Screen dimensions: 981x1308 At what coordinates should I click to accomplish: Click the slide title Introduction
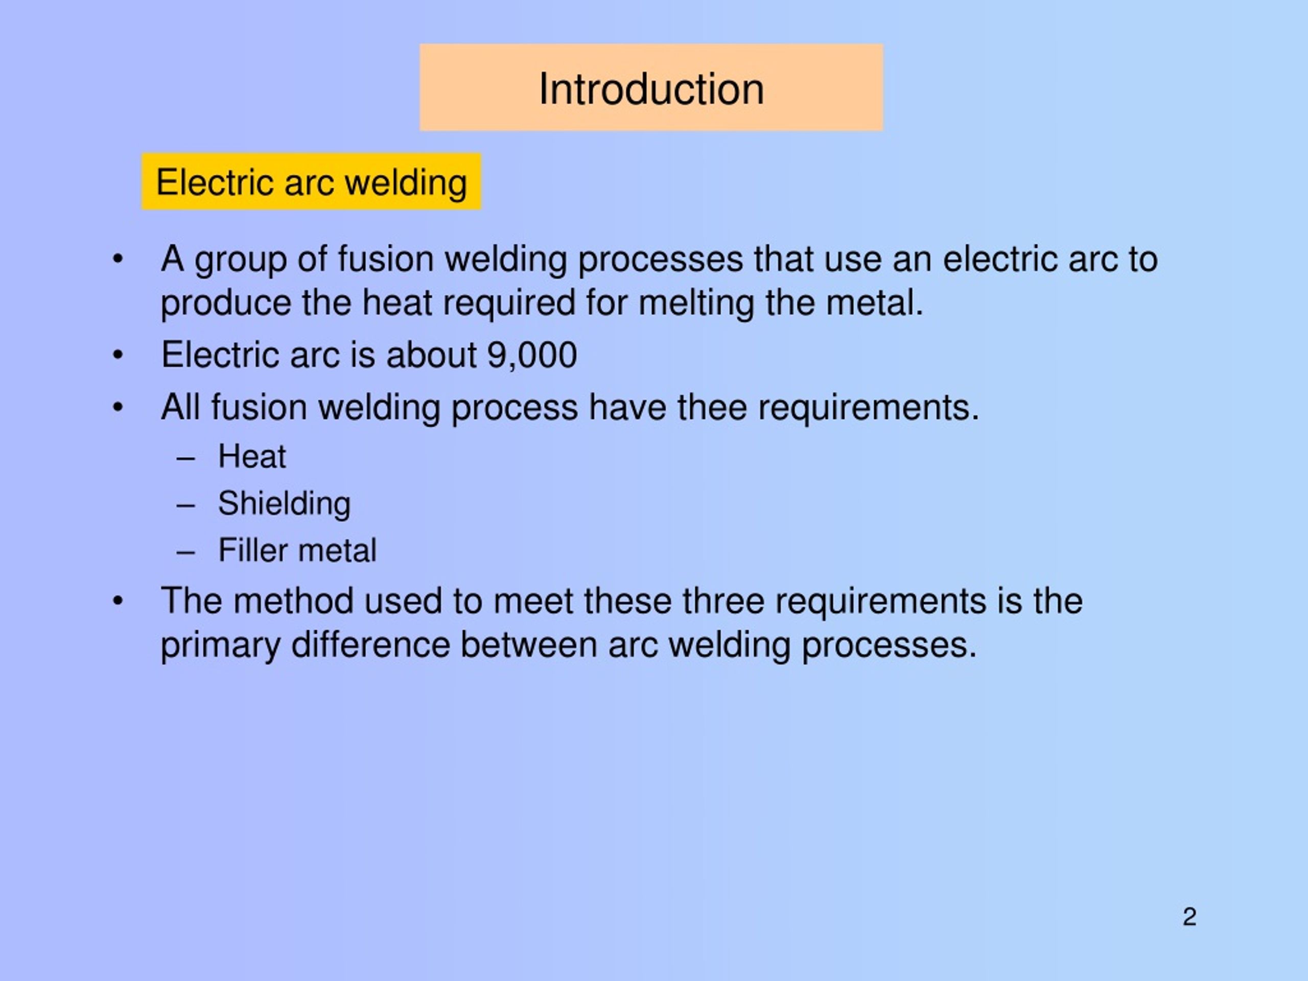[x=651, y=89]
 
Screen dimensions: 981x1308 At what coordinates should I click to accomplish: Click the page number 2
[x=1189, y=917]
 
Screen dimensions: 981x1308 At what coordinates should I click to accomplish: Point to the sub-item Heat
[x=252, y=456]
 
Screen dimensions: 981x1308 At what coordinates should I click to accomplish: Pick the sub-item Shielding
[x=284, y=504]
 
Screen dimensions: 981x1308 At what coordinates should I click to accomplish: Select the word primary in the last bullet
[x=221, y=645]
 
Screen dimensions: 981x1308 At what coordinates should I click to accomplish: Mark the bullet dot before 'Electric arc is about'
[x=118, y=356]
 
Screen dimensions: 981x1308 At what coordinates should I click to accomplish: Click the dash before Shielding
[x=185, y=505]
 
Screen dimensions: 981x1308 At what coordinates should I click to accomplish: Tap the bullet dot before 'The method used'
[x=118, y=601]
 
